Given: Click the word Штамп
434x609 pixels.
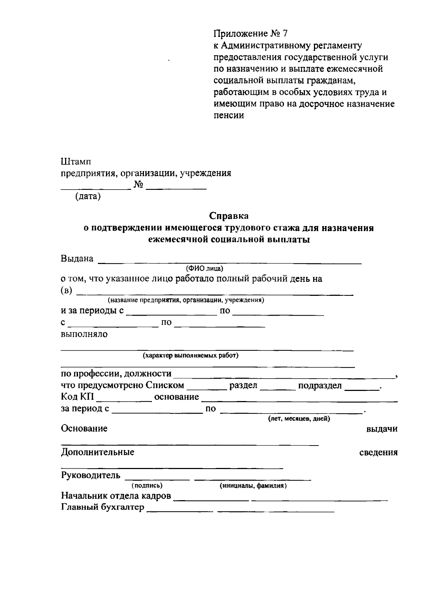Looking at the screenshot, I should click(x=76, y=161).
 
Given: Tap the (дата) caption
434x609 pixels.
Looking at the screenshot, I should click(x=88, y=197).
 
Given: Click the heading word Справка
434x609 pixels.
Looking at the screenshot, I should click(x=229, y=216).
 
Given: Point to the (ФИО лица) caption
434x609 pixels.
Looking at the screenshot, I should click(x=205, y=268).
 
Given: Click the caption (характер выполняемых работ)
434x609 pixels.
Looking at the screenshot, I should click(x=191, y=355).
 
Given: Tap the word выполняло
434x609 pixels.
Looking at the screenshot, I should click(x=84, y=334).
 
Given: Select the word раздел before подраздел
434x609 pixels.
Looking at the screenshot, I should click(x=243, y=386).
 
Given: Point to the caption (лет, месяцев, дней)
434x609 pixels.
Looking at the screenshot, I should click(x=299, y=419).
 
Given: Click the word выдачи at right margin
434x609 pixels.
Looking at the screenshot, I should click(x=382, y=429).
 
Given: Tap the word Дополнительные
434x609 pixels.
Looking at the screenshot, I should click(x=98, y=452).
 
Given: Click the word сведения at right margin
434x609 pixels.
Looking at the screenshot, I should click(x=379, y=453).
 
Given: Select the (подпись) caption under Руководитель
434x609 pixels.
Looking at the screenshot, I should click(x=147, y=486).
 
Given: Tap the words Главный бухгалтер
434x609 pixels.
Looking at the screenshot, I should click(x=102, y=508).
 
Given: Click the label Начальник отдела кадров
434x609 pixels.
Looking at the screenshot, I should click(x=116, y=496).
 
